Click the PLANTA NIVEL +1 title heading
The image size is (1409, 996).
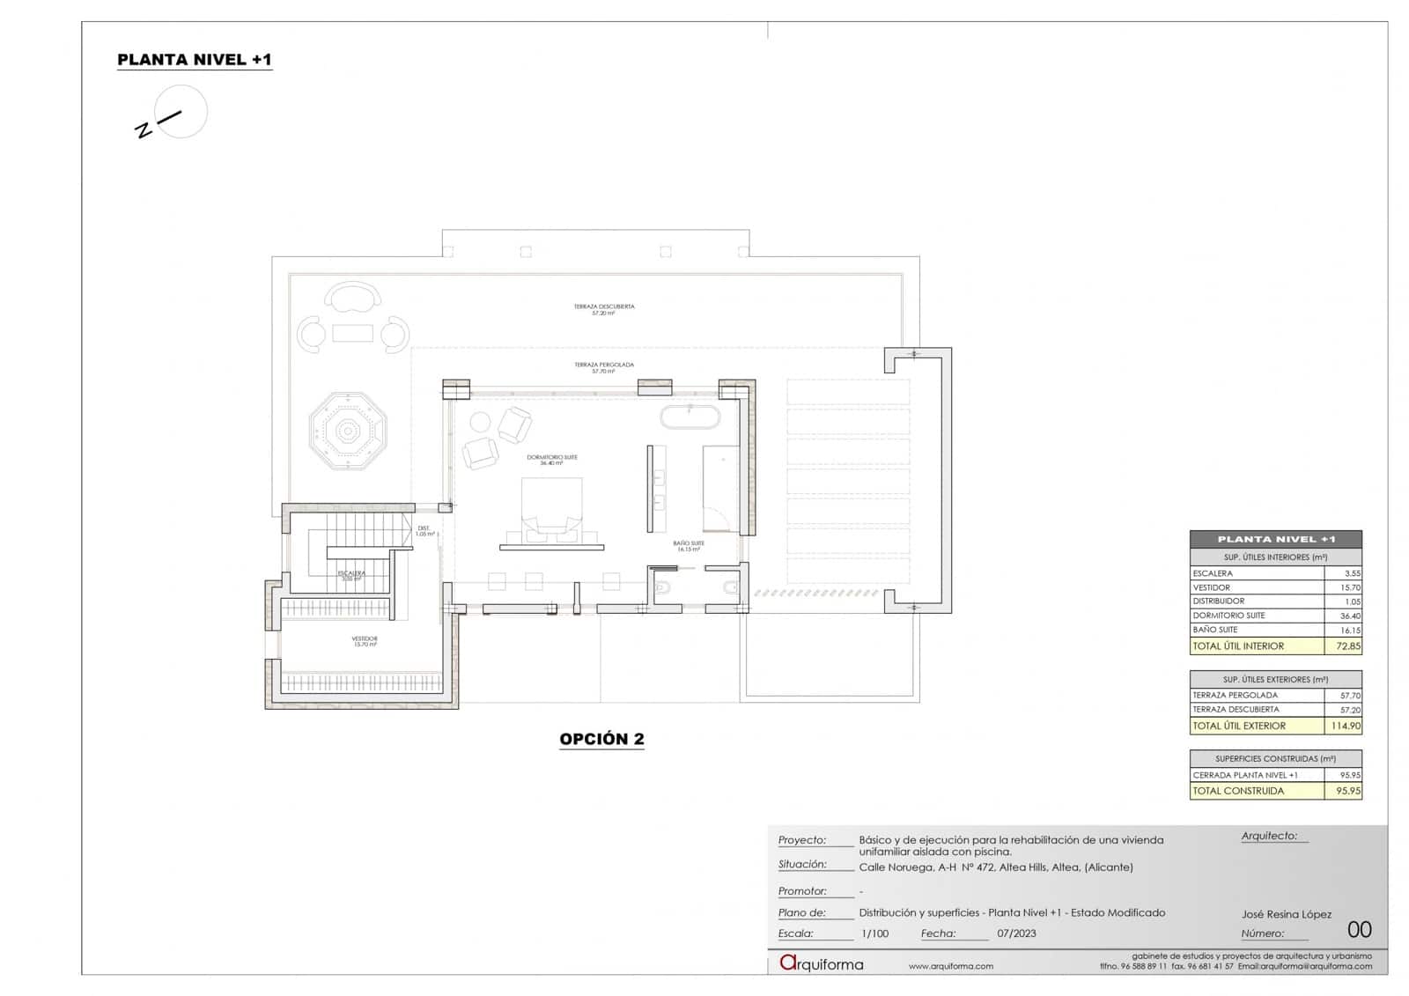pos(195,60)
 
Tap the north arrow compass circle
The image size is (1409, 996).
pos(181,112)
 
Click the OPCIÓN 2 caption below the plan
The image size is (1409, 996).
pos(601,739)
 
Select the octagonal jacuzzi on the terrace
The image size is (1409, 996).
pos(348,432)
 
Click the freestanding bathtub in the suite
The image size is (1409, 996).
pos(690,417)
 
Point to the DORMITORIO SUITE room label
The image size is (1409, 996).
pos(552,459)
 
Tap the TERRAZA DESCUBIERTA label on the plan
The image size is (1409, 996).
pos(603,308)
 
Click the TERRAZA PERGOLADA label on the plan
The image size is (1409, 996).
pos(603,366)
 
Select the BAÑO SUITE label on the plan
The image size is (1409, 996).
pos(689,545)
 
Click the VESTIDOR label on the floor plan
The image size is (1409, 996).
pos(365,640)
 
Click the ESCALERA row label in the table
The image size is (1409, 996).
pos(1213,573)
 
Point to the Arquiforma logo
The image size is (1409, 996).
pos(822,963)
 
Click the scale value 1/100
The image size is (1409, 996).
pos(874,933)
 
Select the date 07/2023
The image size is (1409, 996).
pos(1016,933)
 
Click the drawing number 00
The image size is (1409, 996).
pos(1359,929)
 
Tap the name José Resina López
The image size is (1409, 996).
pos(1286,914)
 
